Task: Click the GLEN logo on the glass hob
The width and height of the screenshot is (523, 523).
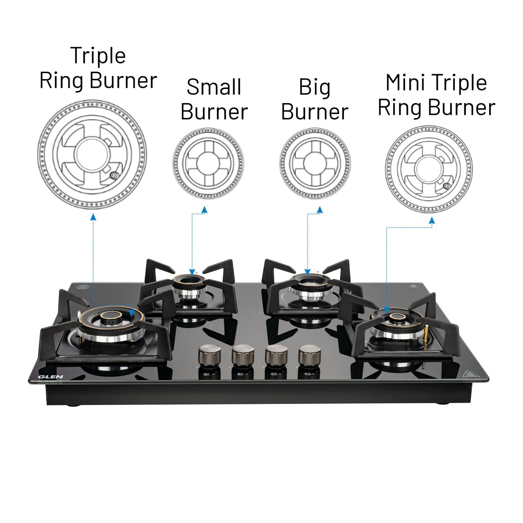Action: point(51,377)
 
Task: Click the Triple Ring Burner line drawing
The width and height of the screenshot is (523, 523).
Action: point(92,155)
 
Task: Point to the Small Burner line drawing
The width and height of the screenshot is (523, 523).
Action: point(208,163)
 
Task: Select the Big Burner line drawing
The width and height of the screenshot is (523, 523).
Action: point(315,163)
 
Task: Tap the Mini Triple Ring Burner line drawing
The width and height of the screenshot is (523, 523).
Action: point(429,169)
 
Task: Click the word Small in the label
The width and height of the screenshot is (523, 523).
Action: point(214,87)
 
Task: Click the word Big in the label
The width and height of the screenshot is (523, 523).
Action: point(315,88)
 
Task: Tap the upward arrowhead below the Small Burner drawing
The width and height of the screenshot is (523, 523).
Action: point(204,210)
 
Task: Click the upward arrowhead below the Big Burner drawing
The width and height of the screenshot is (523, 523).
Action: point(320,210)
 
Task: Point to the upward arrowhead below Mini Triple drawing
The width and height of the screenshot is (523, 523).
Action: point(432,221)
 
